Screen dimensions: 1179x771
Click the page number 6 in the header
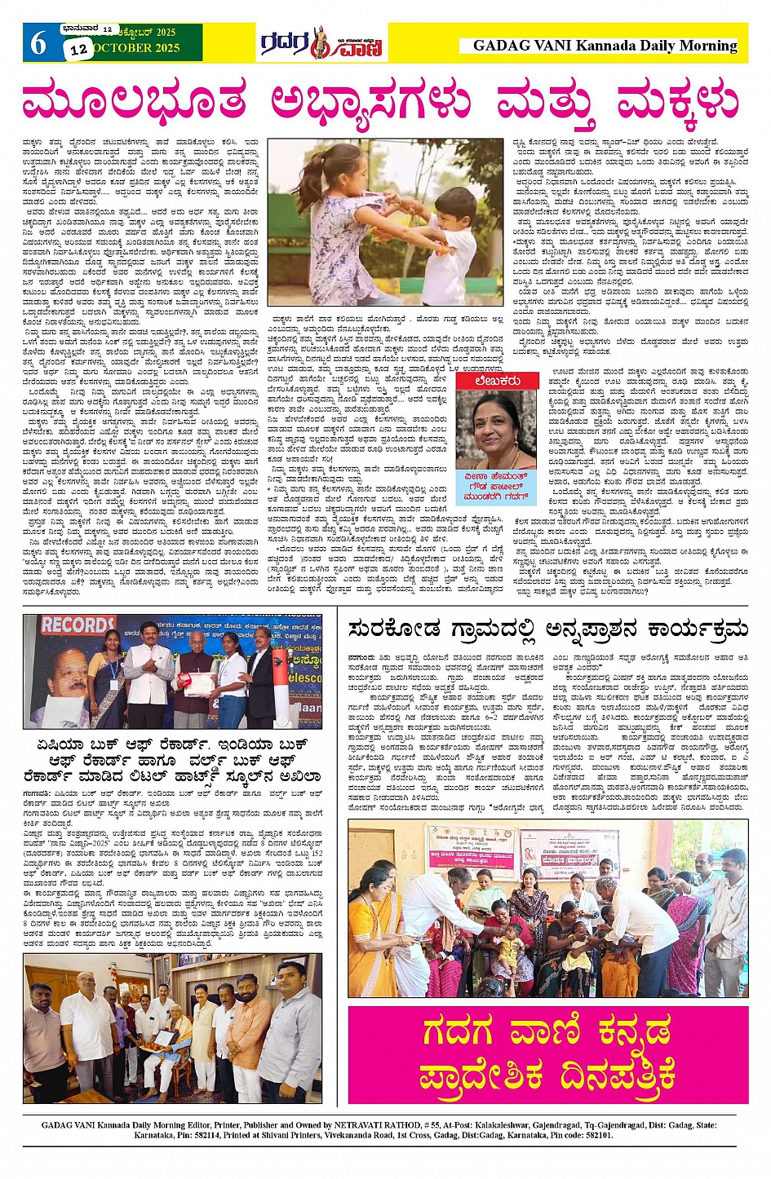tap(38, 42)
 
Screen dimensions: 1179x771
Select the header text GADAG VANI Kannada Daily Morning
tap(605, 46)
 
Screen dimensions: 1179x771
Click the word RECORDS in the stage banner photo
tap(79, 626)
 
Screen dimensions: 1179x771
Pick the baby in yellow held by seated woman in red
tap(509, 948)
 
